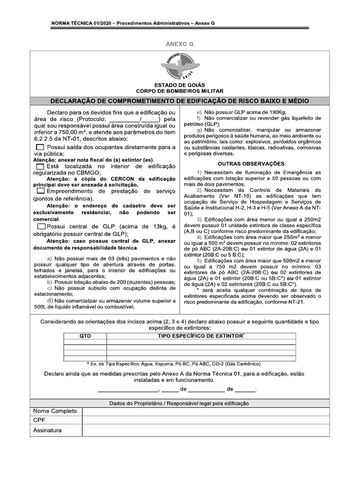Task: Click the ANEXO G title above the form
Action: [x=180, y=44]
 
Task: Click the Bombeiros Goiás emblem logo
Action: [x=180, y=66]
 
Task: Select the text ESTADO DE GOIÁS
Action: [x=180, y=84]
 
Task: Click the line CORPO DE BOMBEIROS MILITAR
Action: [x=180, y=91]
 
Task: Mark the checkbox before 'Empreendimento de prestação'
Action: [x=41, y=191]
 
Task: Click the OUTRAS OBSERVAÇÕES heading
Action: [x=252, y=163]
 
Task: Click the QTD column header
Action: [x=85, y=337]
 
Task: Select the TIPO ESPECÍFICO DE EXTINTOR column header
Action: [x=201, y=337]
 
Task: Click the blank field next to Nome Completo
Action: [x=205, y=411]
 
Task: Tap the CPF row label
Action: [x=39, y=420]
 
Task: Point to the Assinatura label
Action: [x=47, y=430]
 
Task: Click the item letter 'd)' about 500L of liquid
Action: [x=50, y=300]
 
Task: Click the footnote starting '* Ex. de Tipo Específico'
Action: [x=173, y=364]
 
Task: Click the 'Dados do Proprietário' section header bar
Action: [x=180, y=403]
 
